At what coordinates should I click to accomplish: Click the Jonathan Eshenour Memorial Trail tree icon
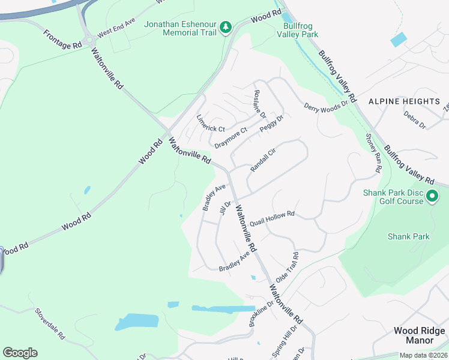pos(226,28)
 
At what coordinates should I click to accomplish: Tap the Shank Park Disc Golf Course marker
pos(431,196)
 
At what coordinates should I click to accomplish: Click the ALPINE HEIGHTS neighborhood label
pos(404,101)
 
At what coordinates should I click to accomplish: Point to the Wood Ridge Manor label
pos(419,335)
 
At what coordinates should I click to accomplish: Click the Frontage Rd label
pos(62,38)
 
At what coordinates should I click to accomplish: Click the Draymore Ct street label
pos(231,138)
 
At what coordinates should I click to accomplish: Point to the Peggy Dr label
pos(271,124)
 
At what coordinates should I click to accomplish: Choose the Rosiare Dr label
pos(260,104)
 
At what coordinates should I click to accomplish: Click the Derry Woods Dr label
pos(326,106)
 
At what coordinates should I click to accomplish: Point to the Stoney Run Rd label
pos(373,152)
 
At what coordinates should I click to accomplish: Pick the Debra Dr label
pos(414,119)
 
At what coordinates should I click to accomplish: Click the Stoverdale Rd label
pos(50,325)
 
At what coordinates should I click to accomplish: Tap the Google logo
pos(20,353)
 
